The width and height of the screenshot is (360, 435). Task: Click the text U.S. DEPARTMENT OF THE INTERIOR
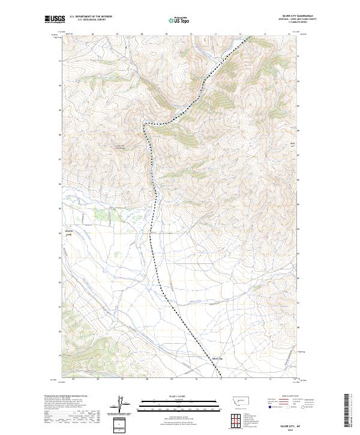[91, 17]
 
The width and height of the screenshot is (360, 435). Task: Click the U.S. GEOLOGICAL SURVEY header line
[88, 20]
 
